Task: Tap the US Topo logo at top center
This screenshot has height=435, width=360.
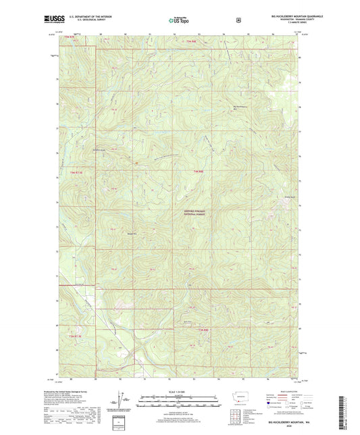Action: point(179,21)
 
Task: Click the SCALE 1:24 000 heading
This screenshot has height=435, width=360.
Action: point(180,392)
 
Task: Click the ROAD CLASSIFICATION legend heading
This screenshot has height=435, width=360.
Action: point(282,391)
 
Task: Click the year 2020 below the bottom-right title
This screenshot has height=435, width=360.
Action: point(282,425)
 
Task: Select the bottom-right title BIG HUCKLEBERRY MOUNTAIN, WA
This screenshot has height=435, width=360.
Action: point(282,420)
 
